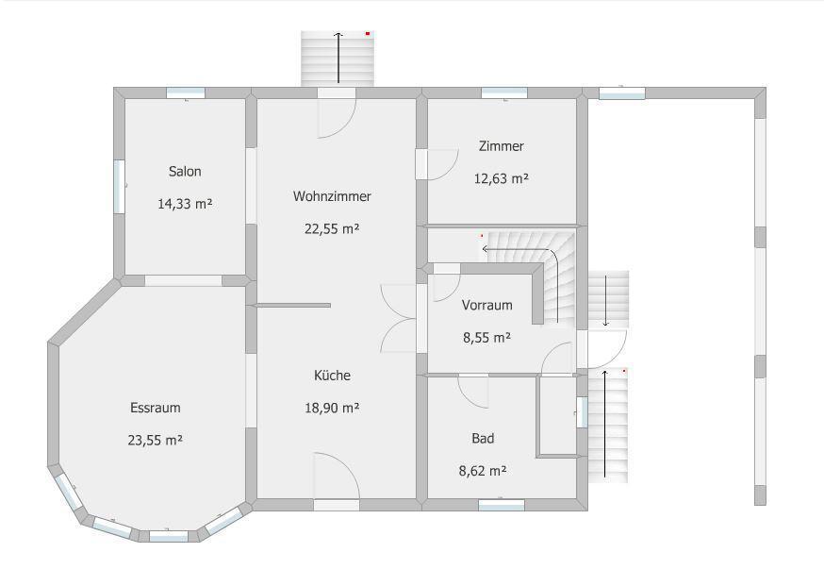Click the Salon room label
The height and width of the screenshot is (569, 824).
click(x=185, y=172)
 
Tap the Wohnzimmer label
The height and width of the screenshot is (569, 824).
click(x=332, y=196)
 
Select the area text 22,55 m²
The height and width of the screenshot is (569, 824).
click(x=332, y=228)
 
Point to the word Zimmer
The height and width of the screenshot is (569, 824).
click(x=502, y=146)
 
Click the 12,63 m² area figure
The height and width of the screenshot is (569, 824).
click(x=502, y=178)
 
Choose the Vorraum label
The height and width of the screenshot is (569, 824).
click(x=487, y=305)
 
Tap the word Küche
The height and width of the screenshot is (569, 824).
click(x=332, y=375)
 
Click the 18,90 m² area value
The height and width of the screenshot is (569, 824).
click(x=332, y=408)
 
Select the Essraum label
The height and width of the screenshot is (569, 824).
click(x=156, y=408)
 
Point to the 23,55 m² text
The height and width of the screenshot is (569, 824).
click(x=155, y=440)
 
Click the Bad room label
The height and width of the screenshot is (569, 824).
click(x=483, y=438)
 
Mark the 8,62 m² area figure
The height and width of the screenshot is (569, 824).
click(x=483, y=471)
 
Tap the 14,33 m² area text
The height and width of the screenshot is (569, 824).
click(x=185, y=204)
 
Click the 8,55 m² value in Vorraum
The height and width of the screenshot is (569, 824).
click(x=487, y=337)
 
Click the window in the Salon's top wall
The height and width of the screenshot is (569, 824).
click(x=186, y=93)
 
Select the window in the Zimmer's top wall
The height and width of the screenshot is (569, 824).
click(x=504, y=93)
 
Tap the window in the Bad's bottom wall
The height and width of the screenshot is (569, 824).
click(x=502, y=505)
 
